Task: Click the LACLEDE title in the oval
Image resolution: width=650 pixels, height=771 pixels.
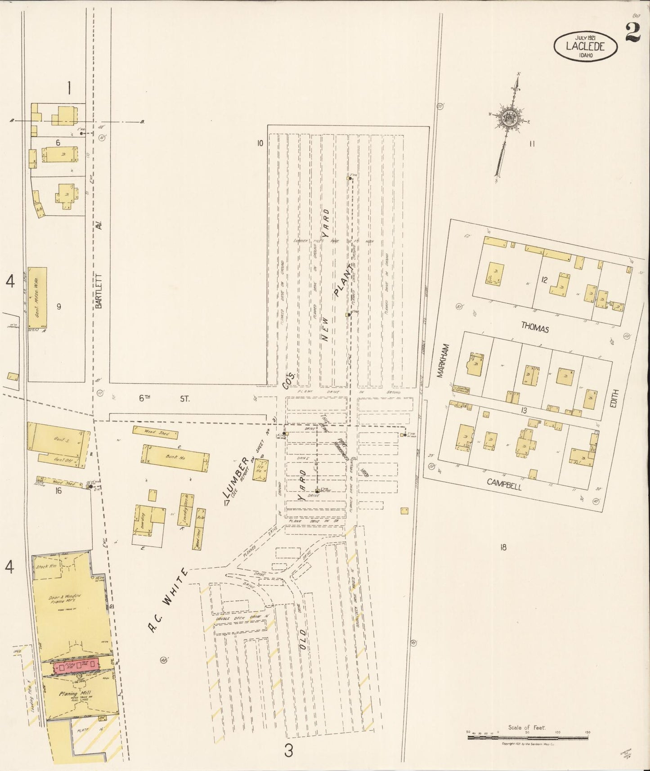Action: coord(585,46)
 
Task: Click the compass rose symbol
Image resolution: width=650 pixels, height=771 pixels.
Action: coord(509,118)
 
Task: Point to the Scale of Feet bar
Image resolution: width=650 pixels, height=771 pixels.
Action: coord(528,737)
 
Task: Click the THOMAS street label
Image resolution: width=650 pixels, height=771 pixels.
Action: coord(535,328)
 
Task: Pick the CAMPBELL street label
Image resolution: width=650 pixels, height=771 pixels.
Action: coord(504,484)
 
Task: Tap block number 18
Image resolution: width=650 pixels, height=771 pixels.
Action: coord(503,547)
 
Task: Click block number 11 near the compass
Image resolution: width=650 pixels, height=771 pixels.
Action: coord(532,144)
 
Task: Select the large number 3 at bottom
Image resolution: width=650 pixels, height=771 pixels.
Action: coord(289,751)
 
